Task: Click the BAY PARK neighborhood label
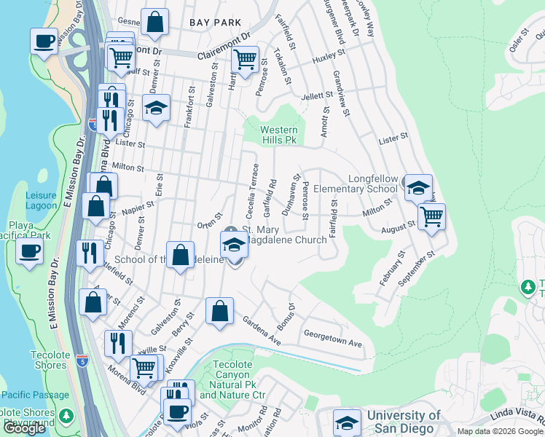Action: tap(215, 23)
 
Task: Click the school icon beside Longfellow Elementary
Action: tap(418, 188)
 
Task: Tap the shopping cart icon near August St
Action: tap(431, 216)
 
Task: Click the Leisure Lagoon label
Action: tap(41, 200)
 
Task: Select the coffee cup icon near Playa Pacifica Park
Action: tap(30, 252)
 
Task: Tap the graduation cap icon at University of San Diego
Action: tap(347, 422)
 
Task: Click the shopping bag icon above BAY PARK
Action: tap(154, 23)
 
